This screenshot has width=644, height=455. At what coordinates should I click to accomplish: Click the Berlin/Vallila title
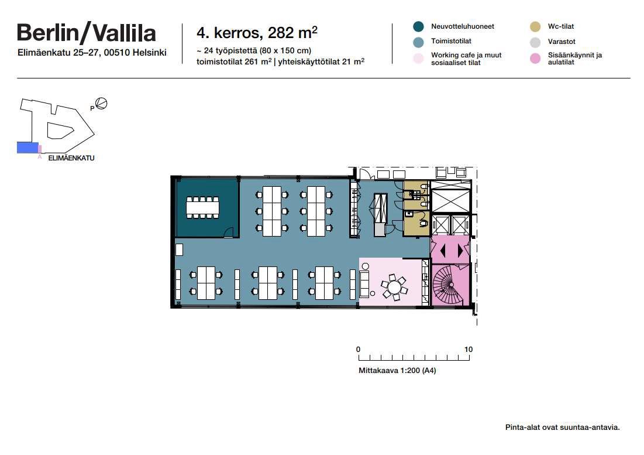(86, 33)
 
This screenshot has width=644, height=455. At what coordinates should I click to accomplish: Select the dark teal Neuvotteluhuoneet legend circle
(418, 27)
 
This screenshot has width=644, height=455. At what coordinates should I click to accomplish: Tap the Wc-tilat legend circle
(535, 27)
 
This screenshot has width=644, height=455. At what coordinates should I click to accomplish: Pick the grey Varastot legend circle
(535, 42)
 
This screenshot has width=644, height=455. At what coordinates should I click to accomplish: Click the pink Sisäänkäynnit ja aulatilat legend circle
(535, 59)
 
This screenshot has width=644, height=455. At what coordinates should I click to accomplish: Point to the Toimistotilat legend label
(451, 41)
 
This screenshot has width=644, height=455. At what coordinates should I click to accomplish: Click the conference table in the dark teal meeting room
(202, 207)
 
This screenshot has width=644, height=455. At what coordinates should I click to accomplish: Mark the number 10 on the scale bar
(468, 350)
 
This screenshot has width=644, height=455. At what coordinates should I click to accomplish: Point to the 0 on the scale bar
(358, 350)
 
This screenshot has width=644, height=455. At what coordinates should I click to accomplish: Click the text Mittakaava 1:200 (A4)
(397, 370)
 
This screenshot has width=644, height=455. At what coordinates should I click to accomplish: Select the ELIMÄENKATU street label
(71, 158)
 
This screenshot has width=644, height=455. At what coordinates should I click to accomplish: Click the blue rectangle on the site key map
(27, 148)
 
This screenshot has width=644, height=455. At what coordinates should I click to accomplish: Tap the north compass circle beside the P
(101, 103)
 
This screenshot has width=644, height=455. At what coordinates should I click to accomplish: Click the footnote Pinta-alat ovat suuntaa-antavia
(562, 427)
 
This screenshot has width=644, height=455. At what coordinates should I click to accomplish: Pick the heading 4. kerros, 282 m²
(257, 33)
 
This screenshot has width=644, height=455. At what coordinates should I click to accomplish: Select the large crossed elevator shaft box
(451, 197)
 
